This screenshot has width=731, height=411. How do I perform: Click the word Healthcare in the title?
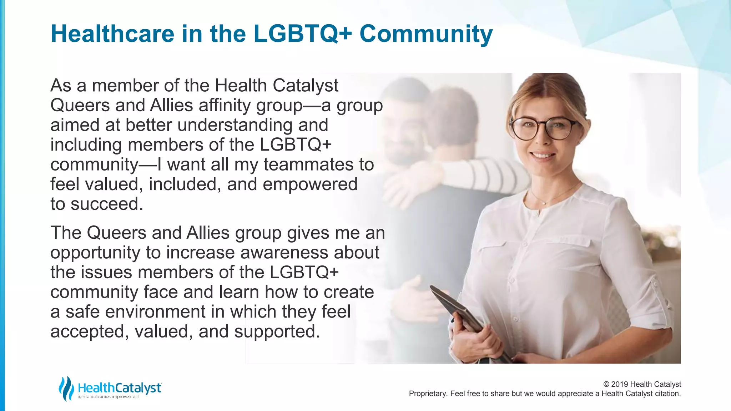click(112, 34)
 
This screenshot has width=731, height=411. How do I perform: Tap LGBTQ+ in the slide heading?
click(302, 34)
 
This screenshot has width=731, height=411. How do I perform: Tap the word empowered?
click(310, 184)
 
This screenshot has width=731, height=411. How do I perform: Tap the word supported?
click(277, 331)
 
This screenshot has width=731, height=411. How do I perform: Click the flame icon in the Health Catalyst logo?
click(66, 389)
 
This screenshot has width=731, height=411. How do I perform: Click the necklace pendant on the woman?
click(544, 202)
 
